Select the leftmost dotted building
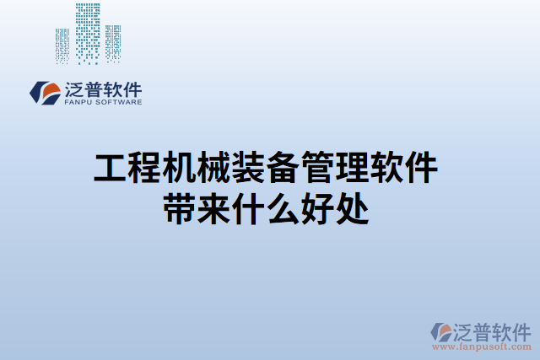[62, 46]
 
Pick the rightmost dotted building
[112, 42]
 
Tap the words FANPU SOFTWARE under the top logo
[102, 102]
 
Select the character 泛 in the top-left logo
[73, 88]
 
